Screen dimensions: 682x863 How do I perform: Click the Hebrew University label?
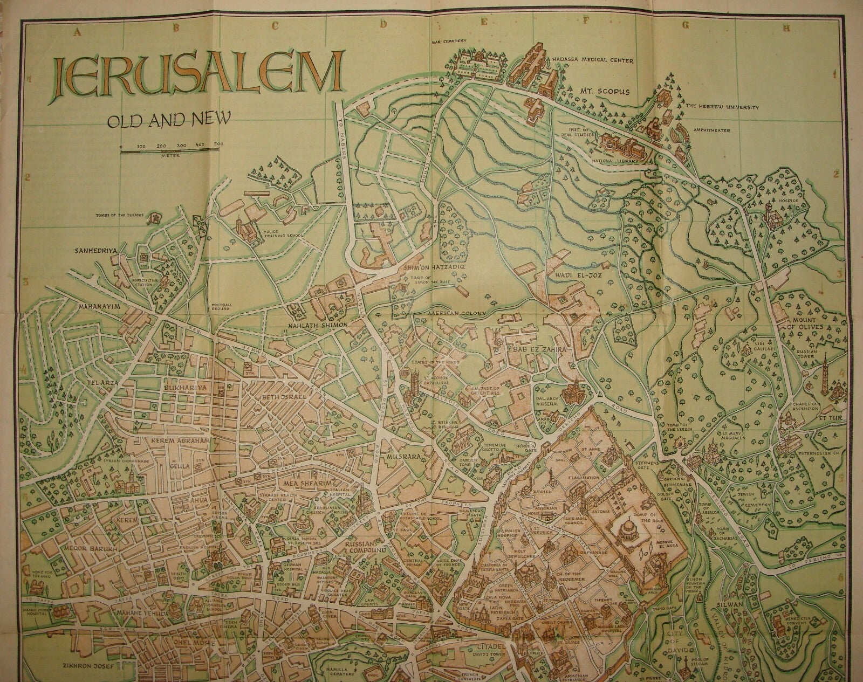click(722, 107)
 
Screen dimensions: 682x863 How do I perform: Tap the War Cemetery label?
click(448, 41)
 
